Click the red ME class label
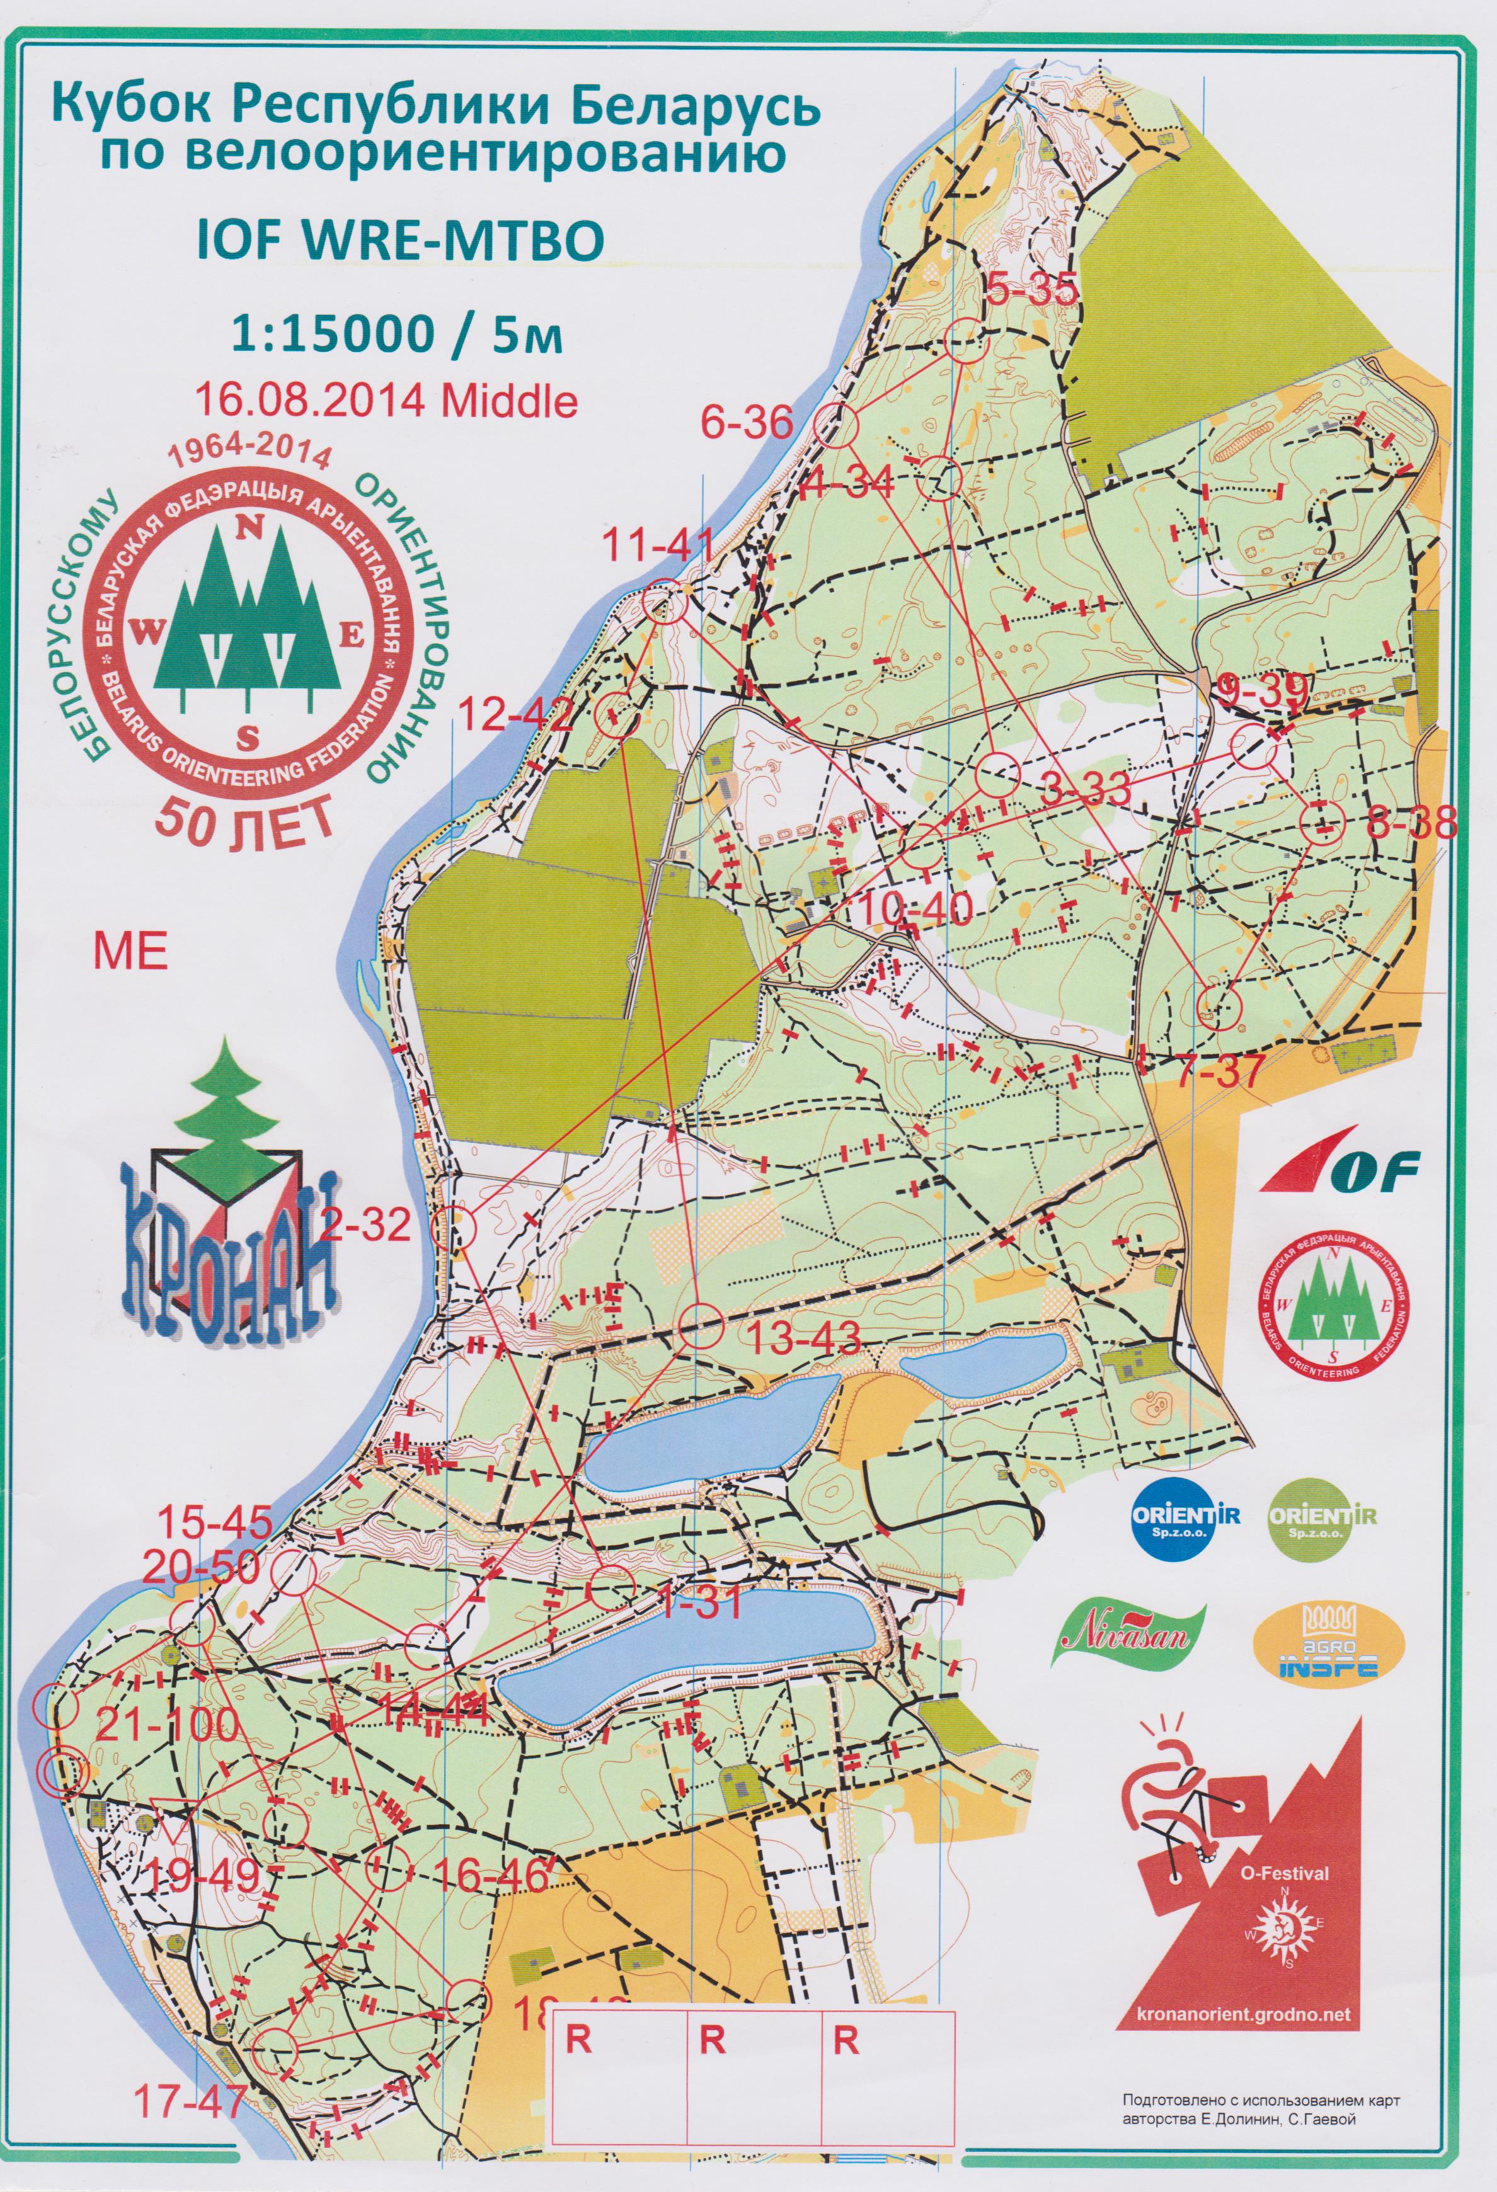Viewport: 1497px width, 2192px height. click(x=130, y=952)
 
